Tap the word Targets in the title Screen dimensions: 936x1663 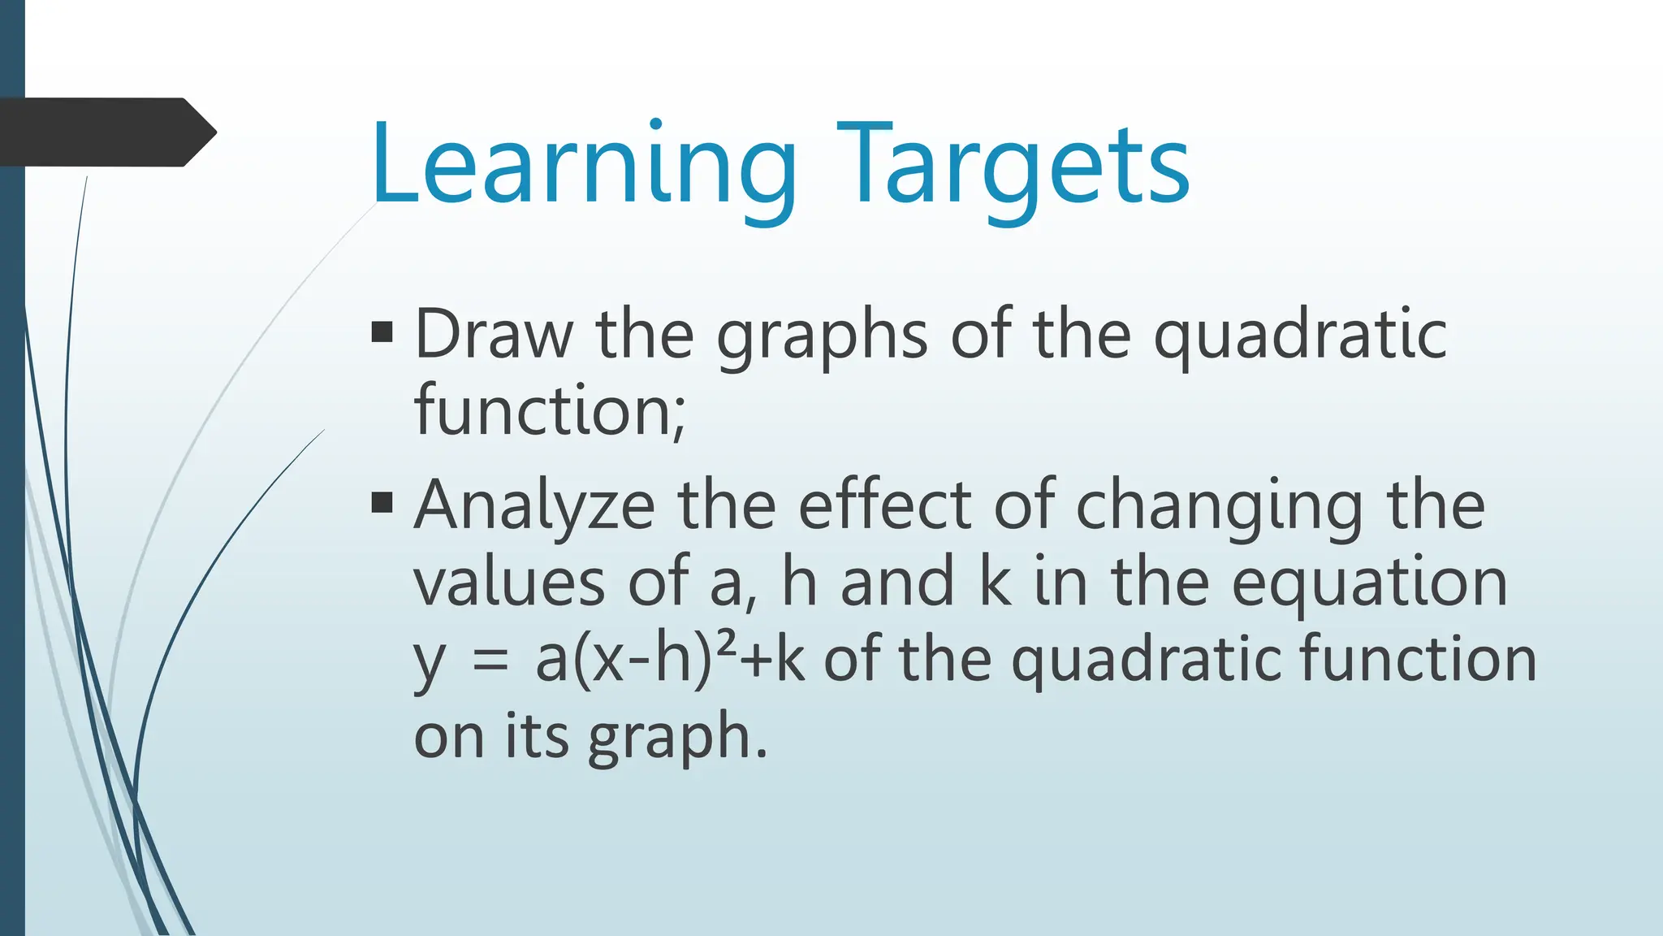tap(1013, 167)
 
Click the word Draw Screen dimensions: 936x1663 tap(494, 334)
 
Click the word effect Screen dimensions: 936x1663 tap(884, 505)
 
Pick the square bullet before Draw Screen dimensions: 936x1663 tap(382, 332)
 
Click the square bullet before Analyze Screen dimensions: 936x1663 tap(382, 503)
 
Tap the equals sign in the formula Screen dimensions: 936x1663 tap(490, 660)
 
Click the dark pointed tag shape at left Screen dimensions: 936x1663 tap(106, 132)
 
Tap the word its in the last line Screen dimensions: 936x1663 tap(536, 735)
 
